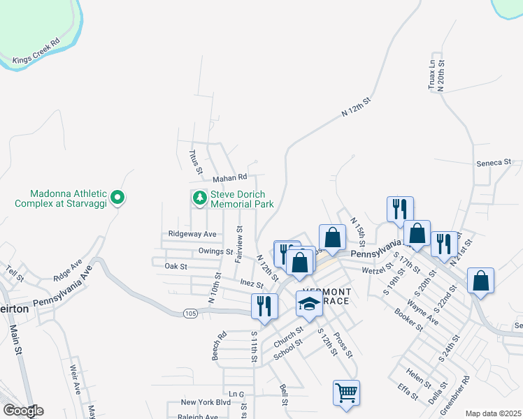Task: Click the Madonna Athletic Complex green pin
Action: pyautogui.click(x=117, y=198)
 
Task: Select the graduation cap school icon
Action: pyautogui.click(x=308, y=303)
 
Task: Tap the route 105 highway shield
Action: pyautogui.click(x=190, y=313)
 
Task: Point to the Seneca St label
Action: pyautogui.click(x=494, y=163)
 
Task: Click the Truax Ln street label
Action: pyautogui.click(x=432, y=73)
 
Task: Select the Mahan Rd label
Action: pyautogui.click(x=231, y=177)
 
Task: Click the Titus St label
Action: pyautogui.click(x=196, y=161)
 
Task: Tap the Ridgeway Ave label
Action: pyautogui.click(x=192, y=234)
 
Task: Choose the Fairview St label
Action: pyautogui.click(x=239, y=244)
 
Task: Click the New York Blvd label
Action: pyautogui.click(x=206, y=402)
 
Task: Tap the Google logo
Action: pyautogui.click(x=23, y=411)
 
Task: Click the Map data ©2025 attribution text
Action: pyautogui.click(x=493, y=413)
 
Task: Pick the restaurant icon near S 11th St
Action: pyautogui.click(x=264, y=306)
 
